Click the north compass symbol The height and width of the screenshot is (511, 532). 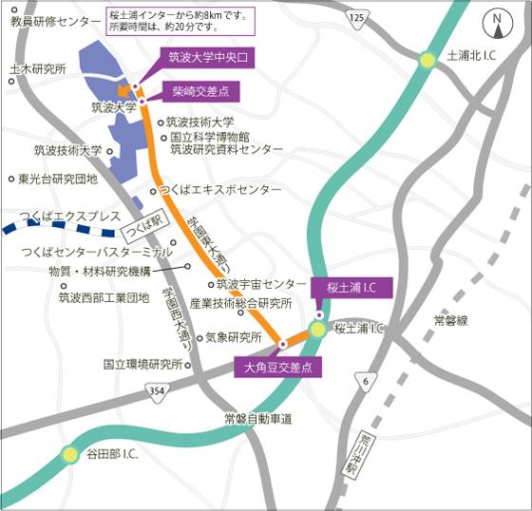(x=497, y=19)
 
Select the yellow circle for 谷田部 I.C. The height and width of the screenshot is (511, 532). (x=70, y=454)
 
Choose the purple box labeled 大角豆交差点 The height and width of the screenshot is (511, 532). (x=278, y=366)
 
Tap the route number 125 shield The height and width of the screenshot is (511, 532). (x=356, y=18)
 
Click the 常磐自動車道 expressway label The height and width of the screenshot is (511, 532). (x=257, y=419)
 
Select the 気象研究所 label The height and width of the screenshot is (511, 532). (x=233, y=337)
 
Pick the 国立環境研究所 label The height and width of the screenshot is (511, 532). (x=142, y=364)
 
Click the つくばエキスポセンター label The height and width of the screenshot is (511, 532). (x=221, y=190)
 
